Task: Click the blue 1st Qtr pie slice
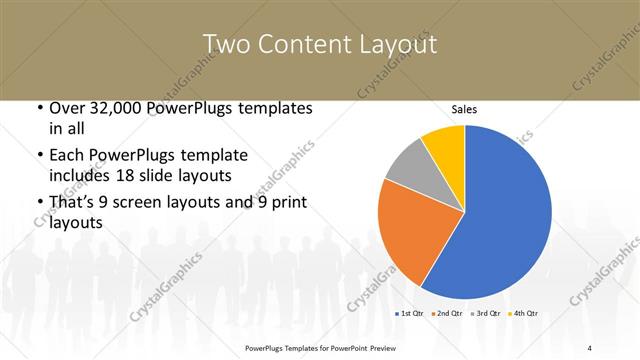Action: point(505,215)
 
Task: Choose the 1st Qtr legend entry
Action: point(410,314)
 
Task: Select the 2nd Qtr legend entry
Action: point(447,314)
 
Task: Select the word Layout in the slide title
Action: point(399,45)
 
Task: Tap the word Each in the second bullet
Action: point(67,155)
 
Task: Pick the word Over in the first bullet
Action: point(66,107)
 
